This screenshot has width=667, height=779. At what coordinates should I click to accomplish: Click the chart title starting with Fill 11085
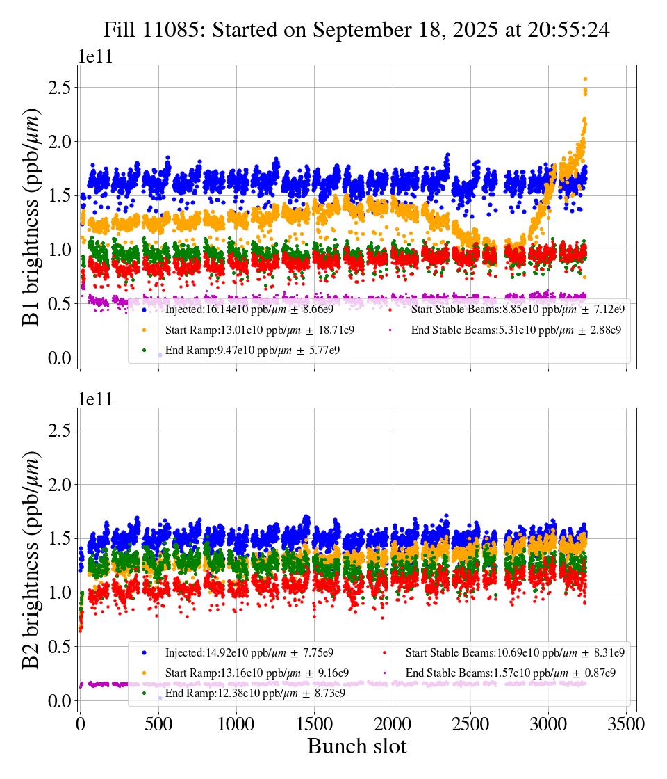click(356, 30)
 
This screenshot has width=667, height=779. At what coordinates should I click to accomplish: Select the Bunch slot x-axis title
click(356, 746)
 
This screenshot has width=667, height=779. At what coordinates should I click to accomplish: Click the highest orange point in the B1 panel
click(585, 79)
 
